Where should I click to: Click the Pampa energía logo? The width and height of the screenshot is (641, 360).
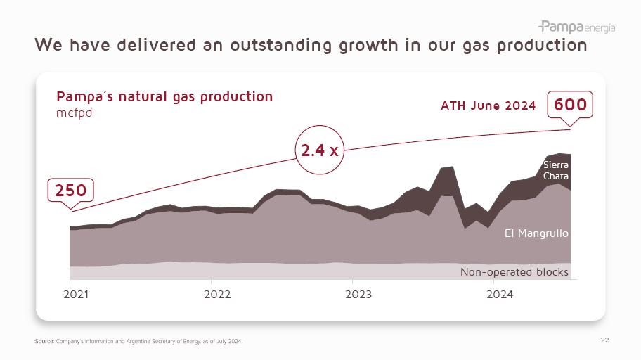click(576, 27)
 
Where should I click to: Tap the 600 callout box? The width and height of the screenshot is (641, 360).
click(570, 105)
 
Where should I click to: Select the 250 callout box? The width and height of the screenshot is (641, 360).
click(71, 191)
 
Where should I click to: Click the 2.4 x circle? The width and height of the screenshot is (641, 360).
click(320, 150)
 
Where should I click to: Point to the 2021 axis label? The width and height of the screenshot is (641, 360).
click(77, 294)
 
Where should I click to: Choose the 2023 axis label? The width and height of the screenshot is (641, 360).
click(359, 294)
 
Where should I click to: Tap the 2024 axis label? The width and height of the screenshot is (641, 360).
click(500, 294)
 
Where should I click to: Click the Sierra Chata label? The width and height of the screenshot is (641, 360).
click(555, 170)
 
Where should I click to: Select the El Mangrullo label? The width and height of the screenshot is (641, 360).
click(536, 233)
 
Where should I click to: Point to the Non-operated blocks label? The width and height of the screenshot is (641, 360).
click(514, 271)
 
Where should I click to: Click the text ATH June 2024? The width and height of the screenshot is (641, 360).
click(488, 106)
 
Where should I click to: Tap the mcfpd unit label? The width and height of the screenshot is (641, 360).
click(75, 112)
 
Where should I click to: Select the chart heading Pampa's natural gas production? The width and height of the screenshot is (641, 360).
click(164, 96)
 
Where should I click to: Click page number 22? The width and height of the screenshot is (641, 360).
click(604, 340)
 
